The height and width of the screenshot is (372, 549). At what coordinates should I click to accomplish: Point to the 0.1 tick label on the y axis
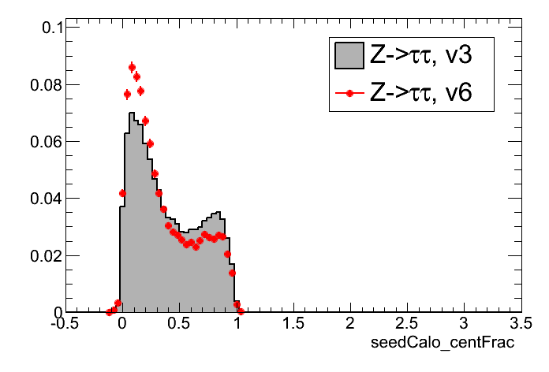54,28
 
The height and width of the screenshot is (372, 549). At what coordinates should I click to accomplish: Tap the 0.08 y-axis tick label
50,84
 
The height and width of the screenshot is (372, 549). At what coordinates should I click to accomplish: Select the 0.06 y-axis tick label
50,142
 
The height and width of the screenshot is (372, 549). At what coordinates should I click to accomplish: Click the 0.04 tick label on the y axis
50,199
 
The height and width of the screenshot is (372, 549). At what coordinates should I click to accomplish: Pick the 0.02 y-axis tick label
50,255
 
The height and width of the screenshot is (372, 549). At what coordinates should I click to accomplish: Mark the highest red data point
132,68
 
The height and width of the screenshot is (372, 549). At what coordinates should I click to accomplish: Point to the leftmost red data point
109,312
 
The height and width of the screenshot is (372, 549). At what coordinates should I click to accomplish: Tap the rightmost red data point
241,311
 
